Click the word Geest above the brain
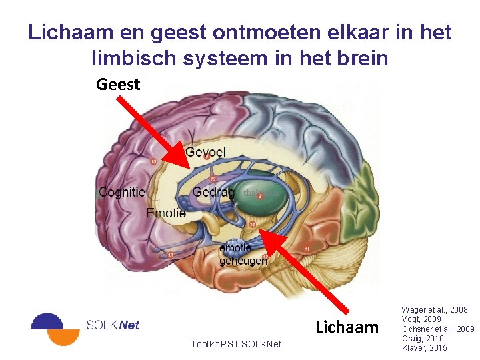[x=118, y=85]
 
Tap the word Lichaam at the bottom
[x=346, y=327]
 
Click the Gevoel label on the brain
[x=205, y=152]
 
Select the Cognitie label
[x=121, y=192]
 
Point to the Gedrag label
[x=213, y=192]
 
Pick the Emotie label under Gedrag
[x=166, y=213]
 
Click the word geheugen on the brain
[x=243, y=261]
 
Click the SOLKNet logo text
[x=113, y=325]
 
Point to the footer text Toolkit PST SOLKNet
[x=236, y=344]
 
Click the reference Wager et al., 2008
[x=435, y=310]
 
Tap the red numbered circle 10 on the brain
[x=154, y=161]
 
